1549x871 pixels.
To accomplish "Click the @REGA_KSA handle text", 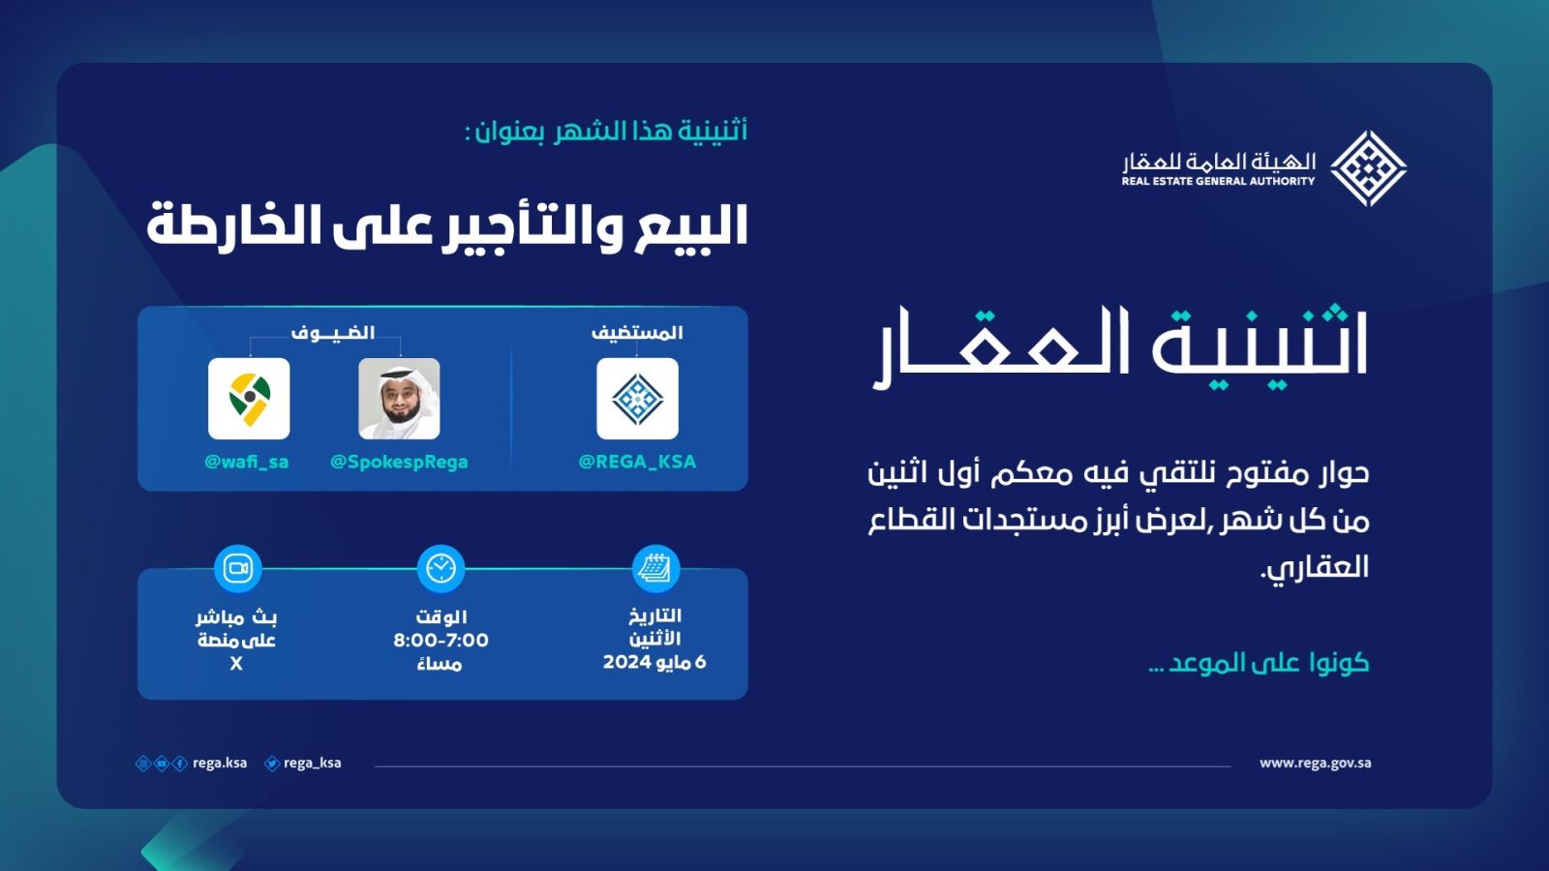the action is (637, 462).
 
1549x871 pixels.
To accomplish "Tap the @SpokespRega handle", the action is (399, 462).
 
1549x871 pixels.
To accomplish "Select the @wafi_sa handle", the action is (247, 462).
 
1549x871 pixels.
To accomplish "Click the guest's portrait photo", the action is (399, 398).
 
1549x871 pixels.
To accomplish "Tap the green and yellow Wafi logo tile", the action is (249, 398).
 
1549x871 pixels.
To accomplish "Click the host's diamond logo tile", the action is (638, 398).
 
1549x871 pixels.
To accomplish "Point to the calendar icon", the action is (655, 569).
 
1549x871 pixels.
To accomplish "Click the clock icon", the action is (441, 569).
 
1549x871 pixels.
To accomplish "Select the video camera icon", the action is (238, 569).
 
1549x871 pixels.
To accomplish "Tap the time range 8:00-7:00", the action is (441, 640).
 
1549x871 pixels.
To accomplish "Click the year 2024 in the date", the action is (626, 662).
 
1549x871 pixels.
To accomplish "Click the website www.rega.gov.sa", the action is (1316, 764).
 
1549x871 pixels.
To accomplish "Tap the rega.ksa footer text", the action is (220, 764).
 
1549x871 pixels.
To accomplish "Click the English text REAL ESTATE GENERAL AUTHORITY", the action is (1218, 181).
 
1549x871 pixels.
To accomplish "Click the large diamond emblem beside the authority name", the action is (1369, 168).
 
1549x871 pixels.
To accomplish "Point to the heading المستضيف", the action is (637, 333).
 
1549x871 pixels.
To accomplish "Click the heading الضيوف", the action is (333, 333).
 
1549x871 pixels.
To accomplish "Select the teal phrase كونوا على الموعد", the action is (1259, 662).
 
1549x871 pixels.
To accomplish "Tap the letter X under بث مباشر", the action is (236, 664).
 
